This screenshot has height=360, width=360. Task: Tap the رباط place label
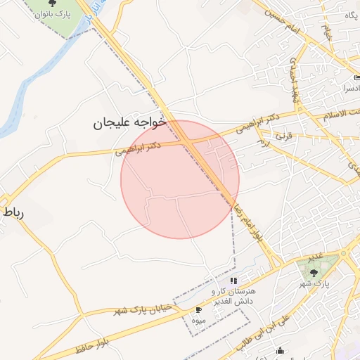pyautogui.click(x=14, y=212)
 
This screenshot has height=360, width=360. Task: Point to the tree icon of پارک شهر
pyautogui.click(x=314, y=271)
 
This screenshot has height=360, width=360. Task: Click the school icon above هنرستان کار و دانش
pyautogui.click(x=233, y=281)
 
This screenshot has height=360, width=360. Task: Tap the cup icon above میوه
pyautogui.click(x=198, y=310)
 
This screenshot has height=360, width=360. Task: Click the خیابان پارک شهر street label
pyautogui.click(x=140, y=310)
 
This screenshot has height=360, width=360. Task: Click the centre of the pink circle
pyautogui.click(x=180, y=179)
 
